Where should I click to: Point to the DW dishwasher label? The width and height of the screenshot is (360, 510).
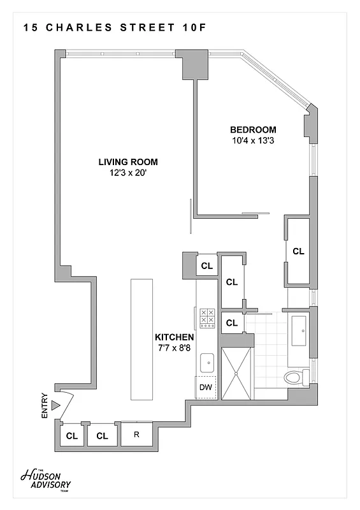click(206, 387)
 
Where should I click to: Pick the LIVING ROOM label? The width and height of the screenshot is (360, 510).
click(128, 161)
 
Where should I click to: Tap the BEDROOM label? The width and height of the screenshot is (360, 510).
click(253, 129)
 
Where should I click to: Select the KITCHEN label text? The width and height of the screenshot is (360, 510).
click(174, 337)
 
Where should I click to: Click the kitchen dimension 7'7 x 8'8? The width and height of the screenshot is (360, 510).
click(174, 348)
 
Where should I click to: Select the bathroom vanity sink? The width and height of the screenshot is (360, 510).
click(298, 329)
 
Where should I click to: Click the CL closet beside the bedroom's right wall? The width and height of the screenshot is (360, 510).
click(298, 251)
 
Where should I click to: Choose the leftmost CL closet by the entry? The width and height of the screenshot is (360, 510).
click(72, 436)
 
